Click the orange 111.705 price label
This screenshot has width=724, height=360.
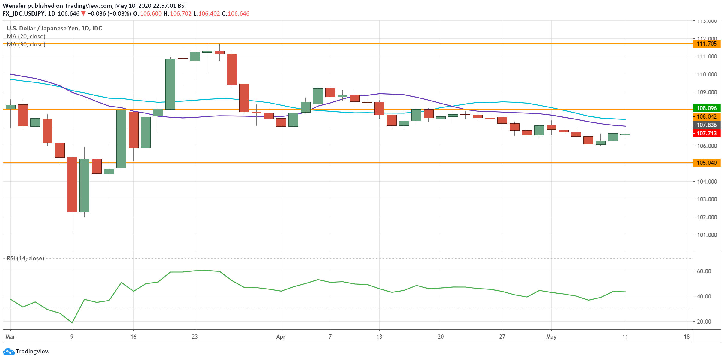coord(706,44)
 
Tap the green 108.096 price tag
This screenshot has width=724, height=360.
coord(706,108)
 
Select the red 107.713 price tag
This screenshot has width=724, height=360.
coord(706,133)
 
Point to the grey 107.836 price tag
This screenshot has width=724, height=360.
coord(706,125)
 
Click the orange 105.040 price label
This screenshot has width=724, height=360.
coord(706,163)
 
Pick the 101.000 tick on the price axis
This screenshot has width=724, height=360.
coord(707,235)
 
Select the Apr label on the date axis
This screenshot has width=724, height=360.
coord(281,337)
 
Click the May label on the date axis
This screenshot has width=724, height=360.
coord(551,337)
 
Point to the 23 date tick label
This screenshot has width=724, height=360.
coord(195,337)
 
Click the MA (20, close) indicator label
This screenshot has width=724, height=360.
coord(26,36)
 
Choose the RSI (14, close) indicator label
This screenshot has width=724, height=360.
coord(25,258)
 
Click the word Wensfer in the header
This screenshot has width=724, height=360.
coord(14,6)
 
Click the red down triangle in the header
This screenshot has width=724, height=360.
coord(83,13)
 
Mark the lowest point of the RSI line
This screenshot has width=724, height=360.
coord(72,323)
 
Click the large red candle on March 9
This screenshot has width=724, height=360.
coord(72,184)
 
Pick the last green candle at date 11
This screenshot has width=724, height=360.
coord(625,134)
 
